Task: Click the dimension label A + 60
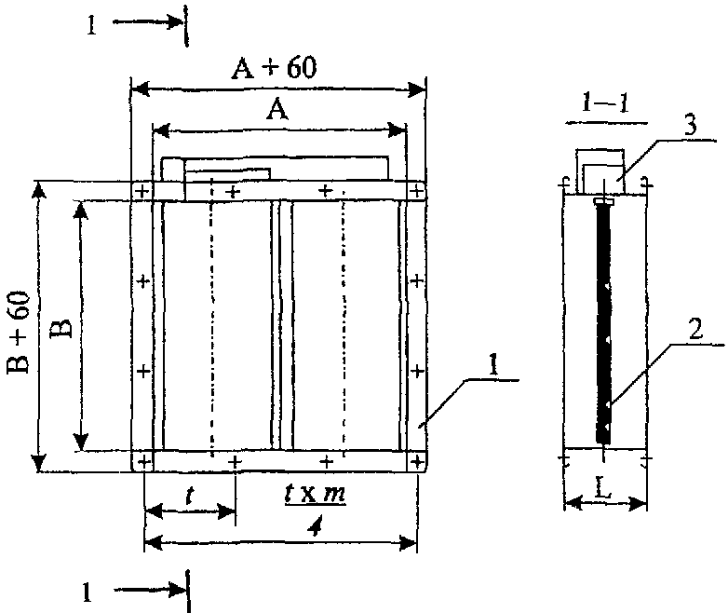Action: click(x=275, y=68)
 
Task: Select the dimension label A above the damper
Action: click(x=277, y=112)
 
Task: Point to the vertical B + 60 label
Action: click(x=19, y=333)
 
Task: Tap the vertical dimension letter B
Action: click(x=63, y=328)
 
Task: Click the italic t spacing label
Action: click(x=188, y=496)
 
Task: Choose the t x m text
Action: click(x=316, y=493)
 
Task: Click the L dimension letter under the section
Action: click(x=602, y=489)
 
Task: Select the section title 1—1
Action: click(x=606, y=103)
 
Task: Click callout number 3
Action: click(x=691, y=126)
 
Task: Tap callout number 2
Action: click(x=695, y=331)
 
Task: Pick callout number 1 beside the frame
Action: click(x=493, y=365)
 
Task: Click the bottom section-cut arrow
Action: click(x=150, y=591)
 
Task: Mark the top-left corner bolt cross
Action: click(x=142, y=191)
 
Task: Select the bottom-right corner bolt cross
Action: click(x=417, y=461)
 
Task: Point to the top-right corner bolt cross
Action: click(x=417, y=191)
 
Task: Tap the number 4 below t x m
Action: click(x=316, y=527)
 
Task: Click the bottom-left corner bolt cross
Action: click(x=144, y=462)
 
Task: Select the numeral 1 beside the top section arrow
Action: click(x=92, y=25)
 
